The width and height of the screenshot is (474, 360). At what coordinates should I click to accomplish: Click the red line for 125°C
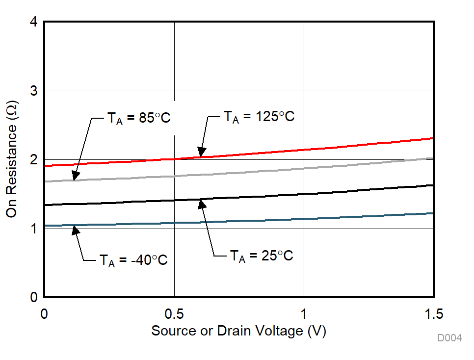[x=368, y=146]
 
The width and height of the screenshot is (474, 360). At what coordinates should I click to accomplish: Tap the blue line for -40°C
[x=368, y=216]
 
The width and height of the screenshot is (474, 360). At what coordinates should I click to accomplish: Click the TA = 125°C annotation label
[x=259, y=117]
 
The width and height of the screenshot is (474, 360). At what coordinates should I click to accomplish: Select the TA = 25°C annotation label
[x=262, y=256]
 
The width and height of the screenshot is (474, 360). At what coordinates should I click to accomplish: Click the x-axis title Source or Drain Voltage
[x=238, y=331]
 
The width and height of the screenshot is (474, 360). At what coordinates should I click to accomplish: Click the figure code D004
[x=450, y=338]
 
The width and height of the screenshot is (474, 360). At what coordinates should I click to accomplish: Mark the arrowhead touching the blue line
[x=75, y=230]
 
